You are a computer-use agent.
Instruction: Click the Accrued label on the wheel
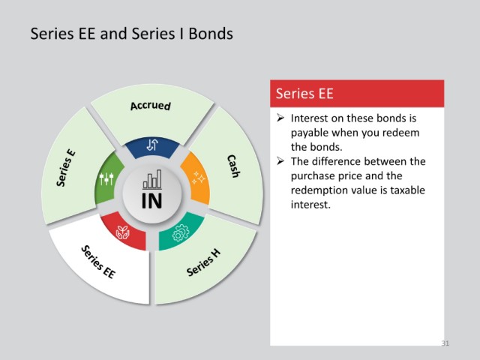click(150, 106)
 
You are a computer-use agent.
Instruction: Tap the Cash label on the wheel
click(233, 166)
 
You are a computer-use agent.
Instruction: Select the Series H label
click(203, 262)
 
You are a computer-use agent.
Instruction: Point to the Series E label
click(65, 168)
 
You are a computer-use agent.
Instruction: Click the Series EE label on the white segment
click(98, 262)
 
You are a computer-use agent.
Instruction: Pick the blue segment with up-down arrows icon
click(152, 147)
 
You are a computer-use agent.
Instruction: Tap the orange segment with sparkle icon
click(196, 178)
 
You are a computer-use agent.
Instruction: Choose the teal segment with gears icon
click(181, 231)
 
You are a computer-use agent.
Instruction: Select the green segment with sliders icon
click(107, 178)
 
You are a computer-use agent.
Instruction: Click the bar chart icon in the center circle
click(152, 179)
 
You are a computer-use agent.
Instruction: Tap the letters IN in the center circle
click(151, 201)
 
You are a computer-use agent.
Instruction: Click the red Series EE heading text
click(304, 93)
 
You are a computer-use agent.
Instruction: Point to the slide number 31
click(445, 343)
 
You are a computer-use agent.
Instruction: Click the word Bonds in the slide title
click(211, 33)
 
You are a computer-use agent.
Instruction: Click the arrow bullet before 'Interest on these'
click(280, 118)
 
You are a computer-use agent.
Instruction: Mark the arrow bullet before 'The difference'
click(280, 161)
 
